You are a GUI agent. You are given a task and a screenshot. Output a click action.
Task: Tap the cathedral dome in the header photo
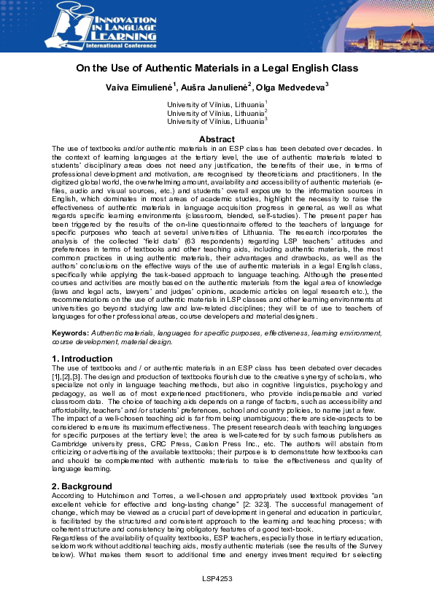pyautogui.click(x=398, y=34)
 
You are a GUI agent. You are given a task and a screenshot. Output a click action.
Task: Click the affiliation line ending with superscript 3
pyautogui.click(x=217, y=121)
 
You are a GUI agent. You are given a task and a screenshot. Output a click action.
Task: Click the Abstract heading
pyautogui.click(x=217, y=139)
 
